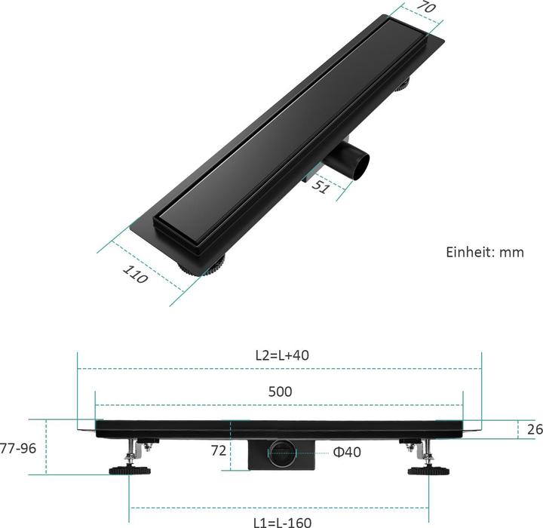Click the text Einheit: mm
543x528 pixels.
point(485,252)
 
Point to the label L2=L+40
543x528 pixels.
point(280,355)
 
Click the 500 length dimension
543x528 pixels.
point(280,391)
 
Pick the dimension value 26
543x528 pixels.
point(535,429)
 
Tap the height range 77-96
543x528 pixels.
point(18,447)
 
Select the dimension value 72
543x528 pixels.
point(218,452)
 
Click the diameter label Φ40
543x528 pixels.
point(347,452)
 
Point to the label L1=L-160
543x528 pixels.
point(281,521)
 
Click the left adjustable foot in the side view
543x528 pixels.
point(130,471)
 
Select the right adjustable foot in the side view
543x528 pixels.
point(428,471)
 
